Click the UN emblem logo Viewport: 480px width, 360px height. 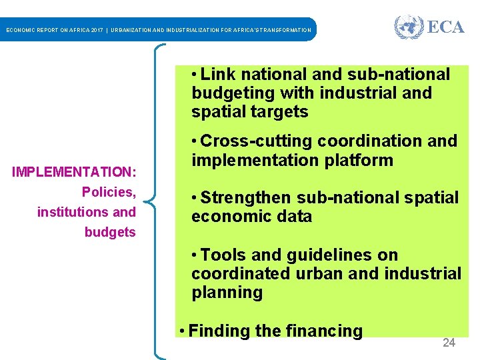(x=409, y=27)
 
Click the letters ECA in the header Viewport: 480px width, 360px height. (x=445, y=27)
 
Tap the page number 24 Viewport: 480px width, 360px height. (x=449, y=343)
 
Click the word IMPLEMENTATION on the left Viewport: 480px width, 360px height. (x=73, y=172)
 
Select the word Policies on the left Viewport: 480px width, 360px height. (x=109, y=192)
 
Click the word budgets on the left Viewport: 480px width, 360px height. (x=110, y=232)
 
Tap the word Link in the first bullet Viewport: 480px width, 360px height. (x=219, y=74)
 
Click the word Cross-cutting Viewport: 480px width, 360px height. (x=257, y=141)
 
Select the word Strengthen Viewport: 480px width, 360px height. (x=247, y=198)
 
